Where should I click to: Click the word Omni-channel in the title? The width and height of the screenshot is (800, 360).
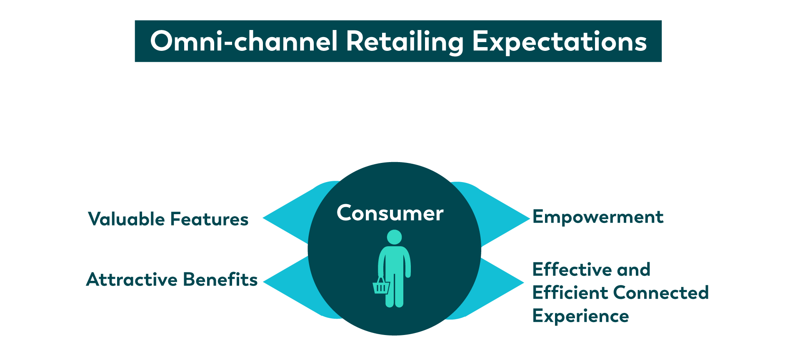244,41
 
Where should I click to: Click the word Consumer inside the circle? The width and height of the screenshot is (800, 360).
390,213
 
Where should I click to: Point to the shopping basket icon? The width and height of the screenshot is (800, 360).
381,286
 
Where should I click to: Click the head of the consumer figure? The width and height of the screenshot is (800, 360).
394,237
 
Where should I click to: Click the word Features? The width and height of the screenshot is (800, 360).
209,219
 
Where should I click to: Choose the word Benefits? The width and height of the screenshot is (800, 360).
220,280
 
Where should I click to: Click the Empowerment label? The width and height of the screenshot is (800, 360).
598,217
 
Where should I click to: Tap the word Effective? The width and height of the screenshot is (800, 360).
572,270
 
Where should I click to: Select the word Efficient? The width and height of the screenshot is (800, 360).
570,292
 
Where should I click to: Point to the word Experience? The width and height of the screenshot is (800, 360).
581,316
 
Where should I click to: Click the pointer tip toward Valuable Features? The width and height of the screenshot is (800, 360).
263,217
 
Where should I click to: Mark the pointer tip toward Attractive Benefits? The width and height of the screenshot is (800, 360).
264,282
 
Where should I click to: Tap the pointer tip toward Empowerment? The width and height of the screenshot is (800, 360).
529,218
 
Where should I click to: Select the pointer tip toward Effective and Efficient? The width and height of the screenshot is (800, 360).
523,283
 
